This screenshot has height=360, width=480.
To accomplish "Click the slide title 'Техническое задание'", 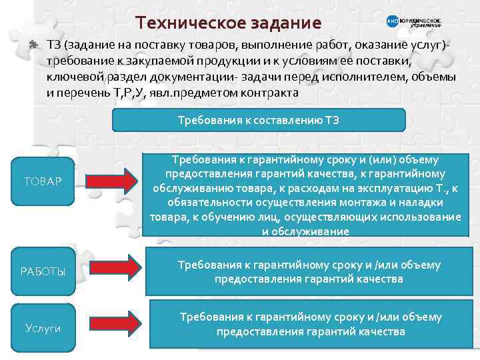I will pyautogui.click(x=228, y=23).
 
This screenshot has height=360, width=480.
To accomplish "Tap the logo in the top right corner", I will pyautogui.click(x=413, y=22).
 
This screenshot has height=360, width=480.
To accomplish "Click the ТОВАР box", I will pyautogui.click(x=43, y=181).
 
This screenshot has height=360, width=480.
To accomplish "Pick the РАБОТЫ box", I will pyautogui.click(x=44, y=271).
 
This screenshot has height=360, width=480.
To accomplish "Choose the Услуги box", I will pyautogui.click(x=43, y=329).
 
